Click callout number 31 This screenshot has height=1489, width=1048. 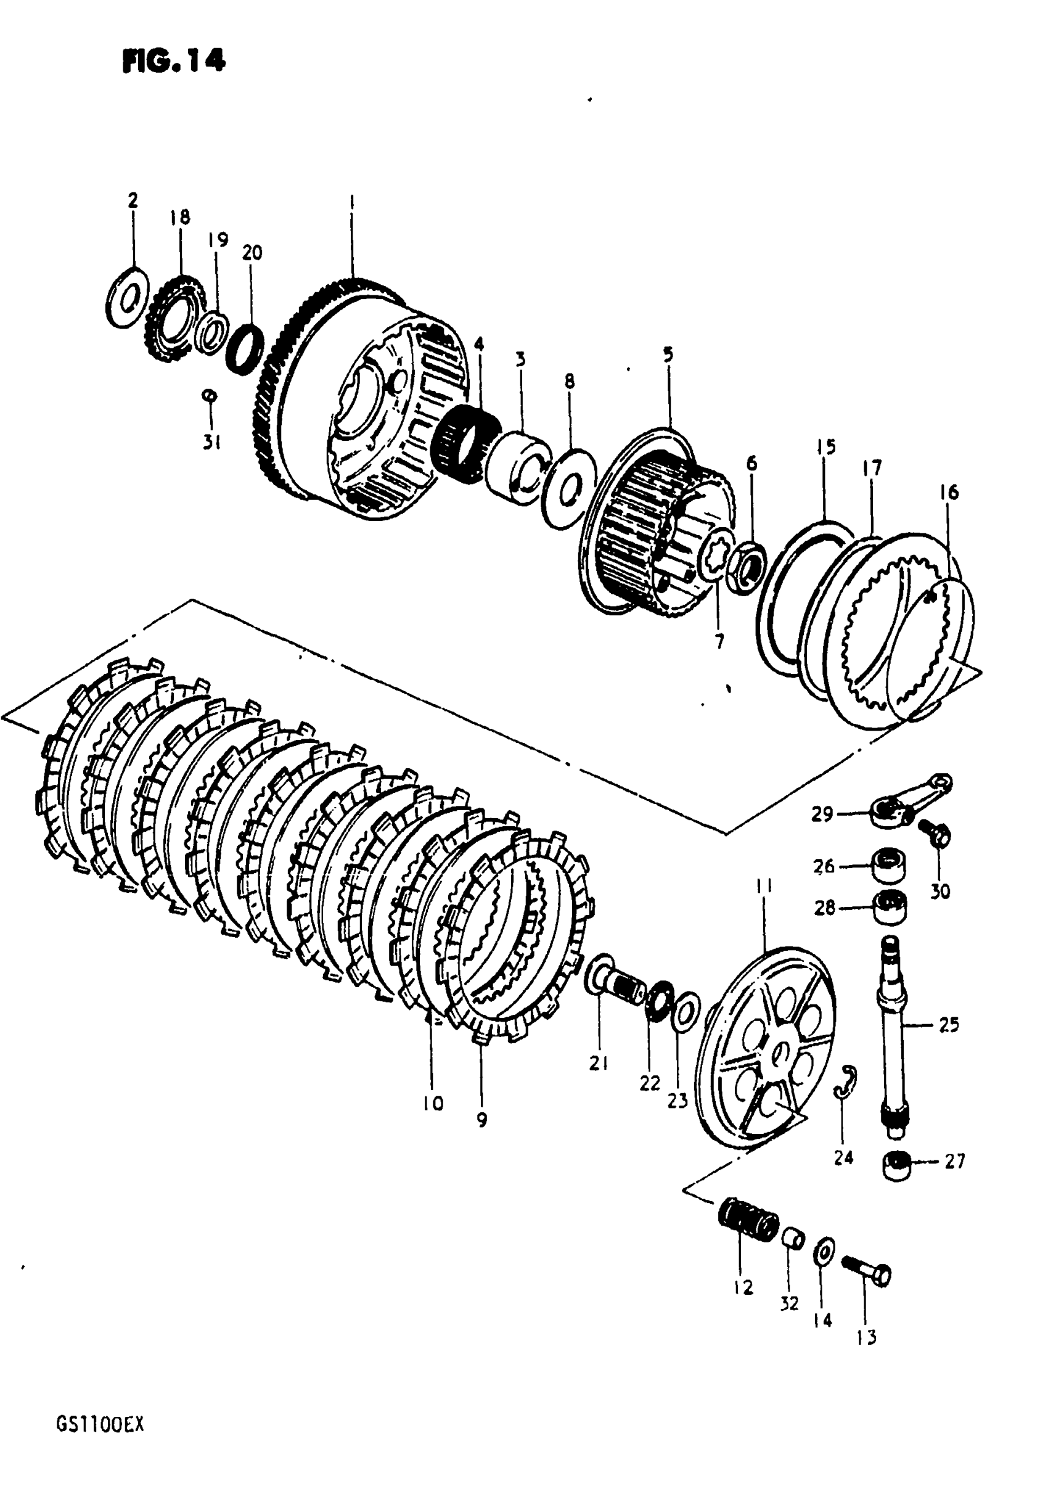point(212,443)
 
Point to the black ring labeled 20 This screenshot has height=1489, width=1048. point(245,348)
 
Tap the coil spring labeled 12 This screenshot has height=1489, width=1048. point(749,1219)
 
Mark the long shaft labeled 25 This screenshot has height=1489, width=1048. point(893,1025)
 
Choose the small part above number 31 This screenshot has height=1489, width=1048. point(209,395)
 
